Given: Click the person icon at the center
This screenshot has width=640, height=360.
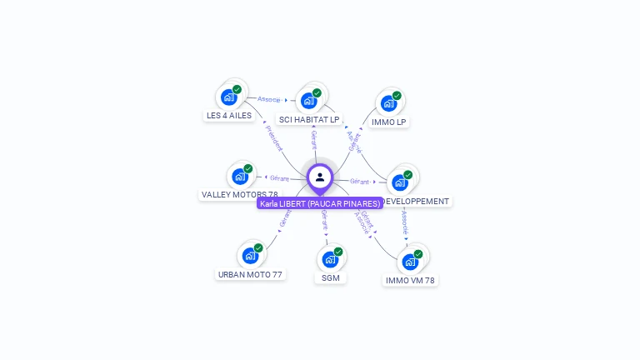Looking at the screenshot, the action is coord(320,177).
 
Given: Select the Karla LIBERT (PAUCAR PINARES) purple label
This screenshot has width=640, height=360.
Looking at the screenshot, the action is coord(320,203).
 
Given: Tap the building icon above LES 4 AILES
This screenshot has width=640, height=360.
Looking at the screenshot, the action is coord(228,97).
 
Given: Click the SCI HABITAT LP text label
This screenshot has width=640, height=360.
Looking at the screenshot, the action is coord(309,120).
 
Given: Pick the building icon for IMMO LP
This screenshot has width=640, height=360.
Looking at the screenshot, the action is coord(388,103).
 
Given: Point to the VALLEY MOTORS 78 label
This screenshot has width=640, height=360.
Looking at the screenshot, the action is coord(239,195).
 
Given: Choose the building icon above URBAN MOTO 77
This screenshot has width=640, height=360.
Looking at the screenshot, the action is coord(250,256).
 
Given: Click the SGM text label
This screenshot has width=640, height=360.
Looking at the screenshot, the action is coord(331,277).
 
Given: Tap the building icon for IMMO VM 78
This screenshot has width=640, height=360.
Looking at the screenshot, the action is coord(410,262).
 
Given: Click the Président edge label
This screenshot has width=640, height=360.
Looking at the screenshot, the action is coord(273,138).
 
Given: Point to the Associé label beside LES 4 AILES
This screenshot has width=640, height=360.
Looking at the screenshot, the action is coord(269,99).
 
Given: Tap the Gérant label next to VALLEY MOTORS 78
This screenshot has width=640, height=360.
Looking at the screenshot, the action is coord(279,178).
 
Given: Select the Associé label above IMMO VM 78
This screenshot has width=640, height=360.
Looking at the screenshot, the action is coord(405,222).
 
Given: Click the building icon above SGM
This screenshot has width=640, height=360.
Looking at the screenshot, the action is coord(330,259).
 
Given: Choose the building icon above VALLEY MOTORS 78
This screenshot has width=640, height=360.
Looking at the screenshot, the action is coord(240,177).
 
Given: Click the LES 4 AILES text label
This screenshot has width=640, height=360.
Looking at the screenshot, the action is coord(228,116).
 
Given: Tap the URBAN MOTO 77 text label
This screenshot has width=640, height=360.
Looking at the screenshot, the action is coord(250,274).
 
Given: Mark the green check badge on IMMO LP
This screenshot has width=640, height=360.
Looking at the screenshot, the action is coord(397,95).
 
